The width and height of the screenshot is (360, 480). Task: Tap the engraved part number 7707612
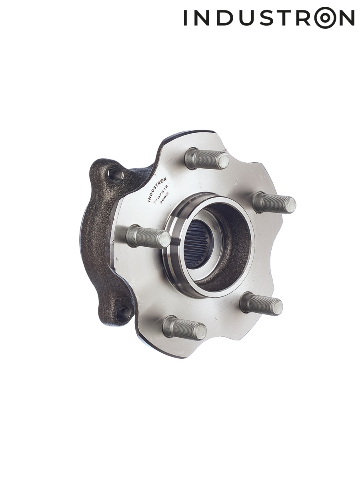161,195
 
